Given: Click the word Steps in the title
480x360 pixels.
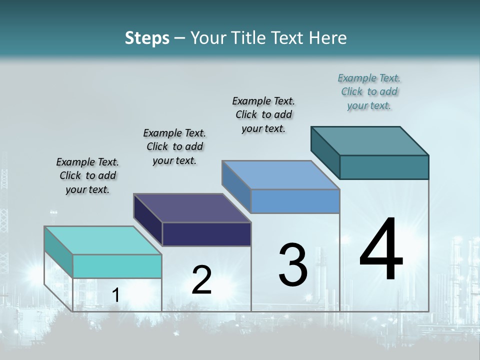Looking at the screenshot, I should click(x=147, y=38).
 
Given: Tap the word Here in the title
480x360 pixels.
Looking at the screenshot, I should click(x=327, y=38).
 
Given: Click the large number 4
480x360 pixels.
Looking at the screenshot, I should click(x=381, y=250).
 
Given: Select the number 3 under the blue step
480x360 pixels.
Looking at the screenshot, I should click(x=293, y=265).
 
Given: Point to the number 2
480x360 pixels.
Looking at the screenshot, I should click(x=202, y=280).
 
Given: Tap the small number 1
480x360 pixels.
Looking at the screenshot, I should click(x=115, y=295).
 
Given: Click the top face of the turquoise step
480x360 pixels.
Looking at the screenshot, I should click(x=102, y=240).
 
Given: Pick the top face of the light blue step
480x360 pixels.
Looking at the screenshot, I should click(x=280, y=175).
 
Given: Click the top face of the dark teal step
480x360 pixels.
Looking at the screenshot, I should click(x=369, y=140).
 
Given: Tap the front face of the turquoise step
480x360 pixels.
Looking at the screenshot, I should click(x=117, y=266).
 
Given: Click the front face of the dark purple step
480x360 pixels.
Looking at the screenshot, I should click(x=206, y=234).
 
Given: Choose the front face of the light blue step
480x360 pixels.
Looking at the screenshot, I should click(x=295, y=201).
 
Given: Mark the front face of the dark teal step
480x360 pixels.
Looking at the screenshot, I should click(x=384, y=167).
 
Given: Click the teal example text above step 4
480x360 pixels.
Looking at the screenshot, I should click(x=369, y=92).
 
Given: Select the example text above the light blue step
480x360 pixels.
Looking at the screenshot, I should click(x=263, y=115).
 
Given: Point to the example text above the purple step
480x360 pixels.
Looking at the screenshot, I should click(x=174, y=147).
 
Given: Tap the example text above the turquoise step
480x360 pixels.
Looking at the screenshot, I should click(x=87, y=176).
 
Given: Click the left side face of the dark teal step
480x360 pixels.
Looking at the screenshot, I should click(x=325, y=152).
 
